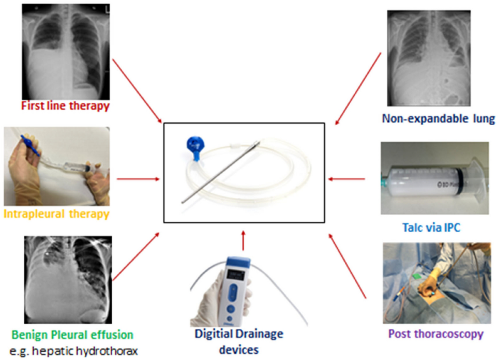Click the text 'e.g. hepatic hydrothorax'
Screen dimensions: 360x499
(73, 351)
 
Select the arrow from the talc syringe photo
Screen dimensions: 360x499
(346, 179)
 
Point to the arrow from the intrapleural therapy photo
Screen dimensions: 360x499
(138, 179)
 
